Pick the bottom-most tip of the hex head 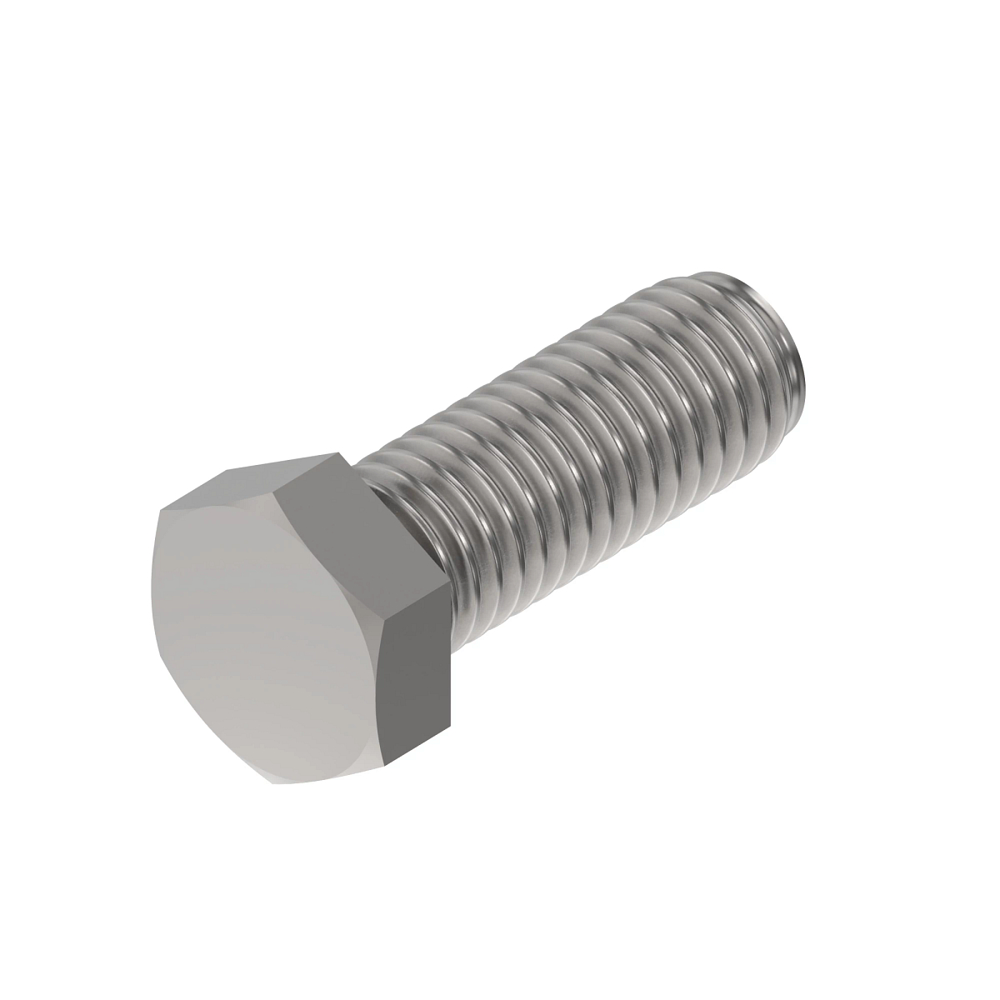click(x=271, y=784)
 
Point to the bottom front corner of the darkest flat click(x=388, y=763)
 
